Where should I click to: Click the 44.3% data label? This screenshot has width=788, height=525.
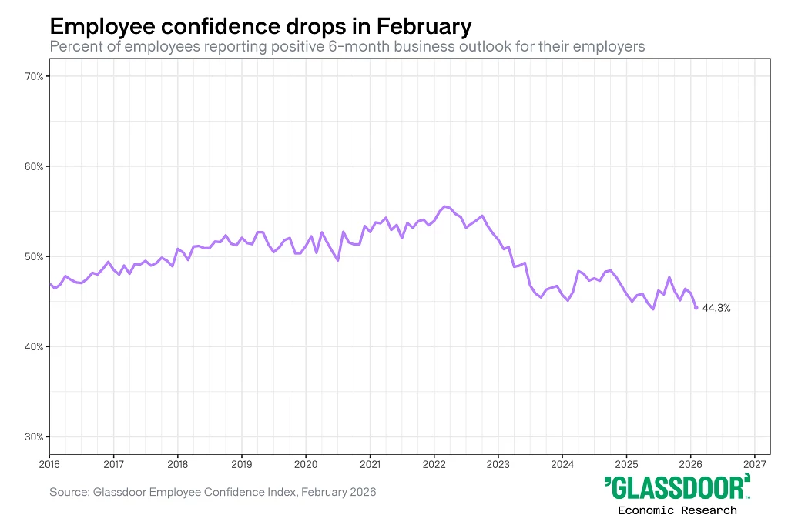pos(716,308)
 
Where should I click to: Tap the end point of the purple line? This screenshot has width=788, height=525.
pos(696,308)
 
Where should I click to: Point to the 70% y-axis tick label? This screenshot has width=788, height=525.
pos(34,76)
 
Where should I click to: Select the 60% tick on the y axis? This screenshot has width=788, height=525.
pos(34,166)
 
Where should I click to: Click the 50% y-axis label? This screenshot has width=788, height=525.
pos(34,256)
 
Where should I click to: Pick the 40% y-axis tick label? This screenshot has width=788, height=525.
pos(34,346)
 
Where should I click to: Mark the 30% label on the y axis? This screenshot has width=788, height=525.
pos(34,436)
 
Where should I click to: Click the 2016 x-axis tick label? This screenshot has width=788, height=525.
pos(49,464)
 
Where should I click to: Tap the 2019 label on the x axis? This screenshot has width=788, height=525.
pos(242,464)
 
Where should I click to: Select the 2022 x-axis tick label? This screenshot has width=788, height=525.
pos(434,464)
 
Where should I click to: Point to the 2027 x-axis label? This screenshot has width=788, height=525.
pos(755,464)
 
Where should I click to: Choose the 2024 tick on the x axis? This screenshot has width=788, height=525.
pos(562,464)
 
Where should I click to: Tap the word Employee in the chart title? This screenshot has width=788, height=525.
pos(96,27)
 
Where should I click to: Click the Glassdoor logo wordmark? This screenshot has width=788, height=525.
pos(677,488)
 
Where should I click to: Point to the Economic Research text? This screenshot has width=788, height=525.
pos(677,510)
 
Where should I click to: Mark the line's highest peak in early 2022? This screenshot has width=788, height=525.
pos(445,206)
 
